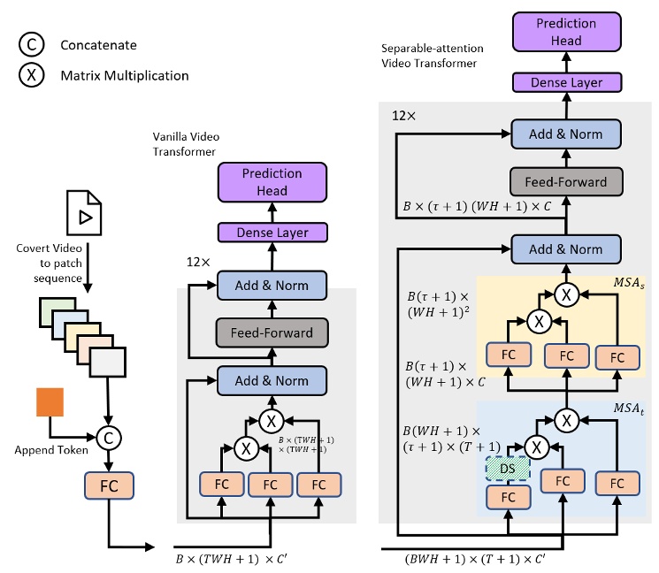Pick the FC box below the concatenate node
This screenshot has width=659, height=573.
click(x=107, y=485)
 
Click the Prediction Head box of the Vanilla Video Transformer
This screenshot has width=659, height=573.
click(x=272, y=182)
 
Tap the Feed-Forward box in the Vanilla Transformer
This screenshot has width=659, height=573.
click(x=272, y=332)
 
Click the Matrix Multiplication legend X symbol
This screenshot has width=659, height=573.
click(x=32, y=75)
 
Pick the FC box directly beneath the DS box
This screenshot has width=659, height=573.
click(x=508, y=496)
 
